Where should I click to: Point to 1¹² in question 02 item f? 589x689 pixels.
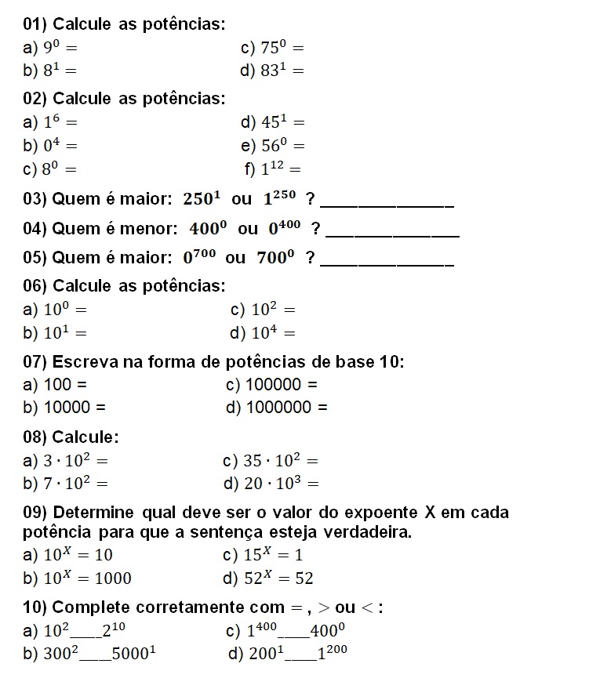click(274, 169)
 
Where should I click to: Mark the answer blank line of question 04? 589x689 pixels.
click(391, 234)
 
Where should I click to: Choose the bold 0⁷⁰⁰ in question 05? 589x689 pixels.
click(199, 257)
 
